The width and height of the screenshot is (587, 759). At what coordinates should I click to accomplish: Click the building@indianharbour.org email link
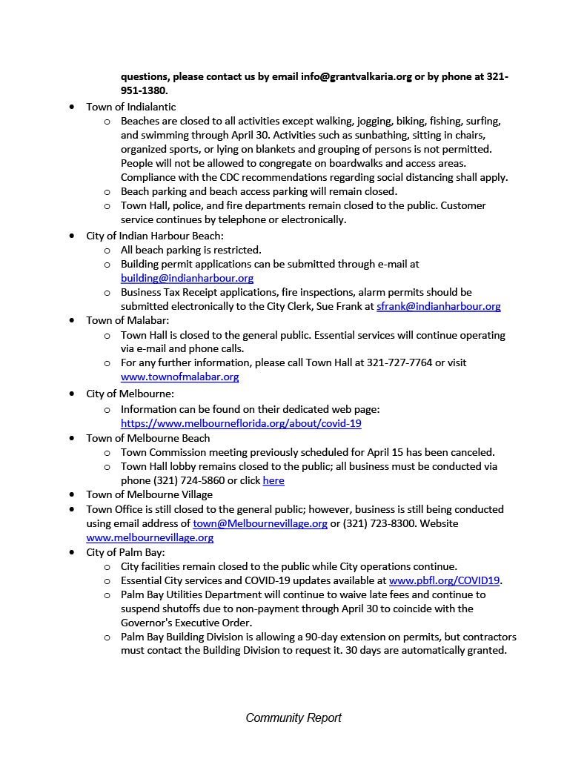[x=187, y=278]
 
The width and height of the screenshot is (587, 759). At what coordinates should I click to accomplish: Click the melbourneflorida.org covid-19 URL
[x=241, y=423]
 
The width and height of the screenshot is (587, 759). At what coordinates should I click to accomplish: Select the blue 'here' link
[x=273, y=480]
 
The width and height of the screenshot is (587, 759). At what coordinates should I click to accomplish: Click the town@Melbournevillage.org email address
[x=260, y=523]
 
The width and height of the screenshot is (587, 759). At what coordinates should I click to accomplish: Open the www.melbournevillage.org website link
[x=150, y=537]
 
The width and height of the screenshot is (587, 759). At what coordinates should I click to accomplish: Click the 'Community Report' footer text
[x=293, y=717]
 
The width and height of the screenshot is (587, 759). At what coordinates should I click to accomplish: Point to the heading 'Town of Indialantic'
[x=130, y=107]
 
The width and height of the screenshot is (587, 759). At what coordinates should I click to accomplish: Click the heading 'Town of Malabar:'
[x=127, y=320]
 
